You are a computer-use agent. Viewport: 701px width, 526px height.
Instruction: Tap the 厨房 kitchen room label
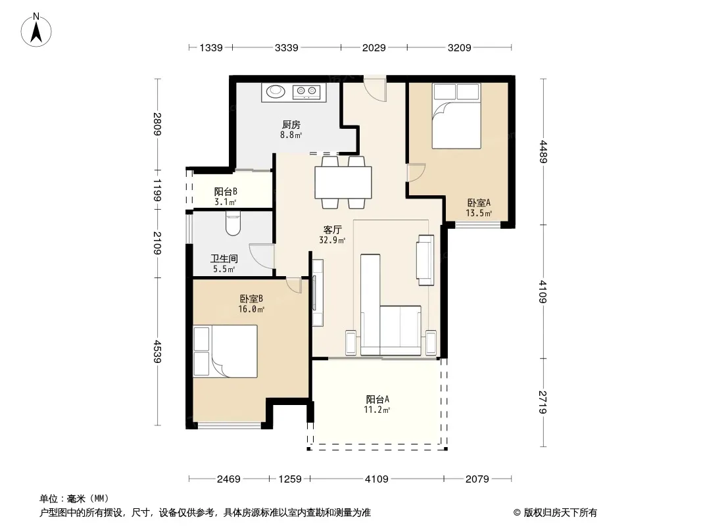(291, 125)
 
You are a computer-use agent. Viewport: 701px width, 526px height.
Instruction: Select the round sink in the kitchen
(276, 91)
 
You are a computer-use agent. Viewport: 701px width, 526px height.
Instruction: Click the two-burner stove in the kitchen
(306, 92)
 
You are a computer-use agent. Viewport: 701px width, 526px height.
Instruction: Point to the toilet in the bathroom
(233, 224)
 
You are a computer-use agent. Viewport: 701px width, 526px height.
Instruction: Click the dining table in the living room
(343, 182)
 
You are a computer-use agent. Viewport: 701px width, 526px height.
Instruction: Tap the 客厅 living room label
(332, 229)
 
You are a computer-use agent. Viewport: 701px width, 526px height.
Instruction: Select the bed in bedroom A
(456, 116)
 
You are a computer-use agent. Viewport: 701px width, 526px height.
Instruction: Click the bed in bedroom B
(226, 351)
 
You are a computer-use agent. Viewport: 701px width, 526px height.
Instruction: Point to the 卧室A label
(479, 203)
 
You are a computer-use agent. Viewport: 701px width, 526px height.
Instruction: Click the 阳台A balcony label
(377, 399)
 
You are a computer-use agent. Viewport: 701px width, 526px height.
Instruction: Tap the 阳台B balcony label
(226, 192)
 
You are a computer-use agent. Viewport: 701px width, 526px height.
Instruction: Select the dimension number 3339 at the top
(287, 47)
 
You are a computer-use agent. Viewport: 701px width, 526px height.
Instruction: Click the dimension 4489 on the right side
(543, 152)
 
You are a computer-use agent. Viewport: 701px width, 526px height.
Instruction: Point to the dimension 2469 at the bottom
(229, 479)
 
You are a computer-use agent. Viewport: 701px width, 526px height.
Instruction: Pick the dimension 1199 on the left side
(157, 190)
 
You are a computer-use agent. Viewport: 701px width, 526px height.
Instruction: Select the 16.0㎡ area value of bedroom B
(251, 309)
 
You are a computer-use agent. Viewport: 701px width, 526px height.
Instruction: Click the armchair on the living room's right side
(425, 260)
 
